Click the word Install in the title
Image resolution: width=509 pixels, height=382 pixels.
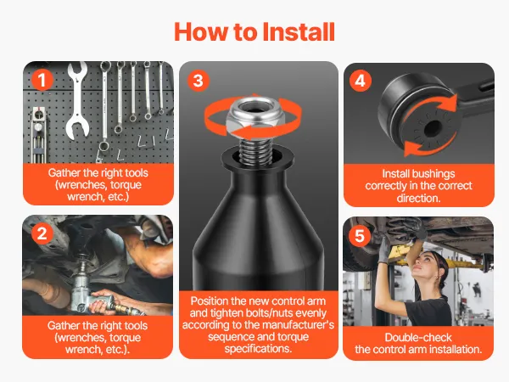pos(299,32)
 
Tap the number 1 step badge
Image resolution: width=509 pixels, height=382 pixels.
pos(42,80)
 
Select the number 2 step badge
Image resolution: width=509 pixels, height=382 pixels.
pos(42,233)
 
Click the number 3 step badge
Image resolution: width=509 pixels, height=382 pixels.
pos(199,81)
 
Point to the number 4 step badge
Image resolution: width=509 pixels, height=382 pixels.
pos(361,81)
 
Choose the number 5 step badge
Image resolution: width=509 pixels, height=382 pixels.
pos(360,235)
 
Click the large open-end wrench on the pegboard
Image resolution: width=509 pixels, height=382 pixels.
pos(78,101)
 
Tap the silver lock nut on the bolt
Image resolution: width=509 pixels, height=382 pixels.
pos(251,117)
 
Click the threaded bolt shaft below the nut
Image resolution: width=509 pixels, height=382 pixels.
pos(255,151)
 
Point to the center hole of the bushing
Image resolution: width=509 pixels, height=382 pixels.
pos(433,127)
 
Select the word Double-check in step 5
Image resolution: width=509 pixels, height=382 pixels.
pos(418,338)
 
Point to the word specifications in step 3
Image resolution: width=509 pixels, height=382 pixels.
pos(258,349)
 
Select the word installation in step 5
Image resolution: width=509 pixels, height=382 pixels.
pos(455,350)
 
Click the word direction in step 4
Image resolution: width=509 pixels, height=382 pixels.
pos(418,198)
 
